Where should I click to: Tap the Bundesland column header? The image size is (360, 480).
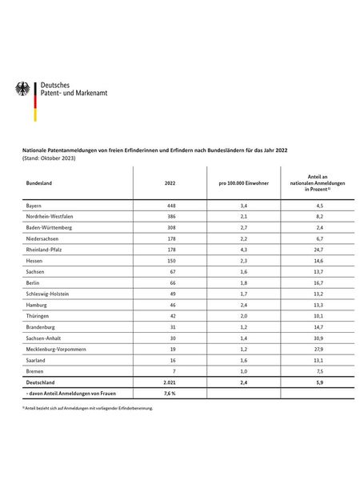tap(40, 182)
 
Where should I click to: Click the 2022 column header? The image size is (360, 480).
tap(169, 182)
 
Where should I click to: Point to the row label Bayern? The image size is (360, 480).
tap(34, 206)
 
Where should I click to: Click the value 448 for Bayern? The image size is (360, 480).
tap(169, 206)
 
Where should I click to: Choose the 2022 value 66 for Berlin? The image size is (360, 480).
tap(169, 282)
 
